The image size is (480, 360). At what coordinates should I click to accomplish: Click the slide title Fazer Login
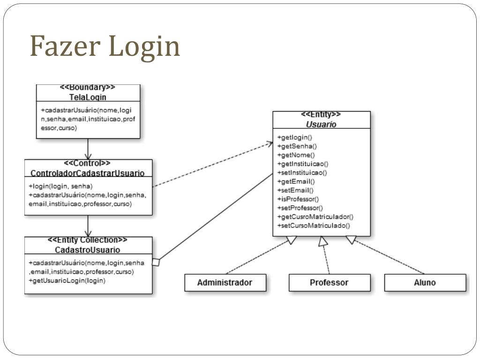coord(105,46)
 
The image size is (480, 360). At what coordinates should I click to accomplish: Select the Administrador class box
coord(225,283)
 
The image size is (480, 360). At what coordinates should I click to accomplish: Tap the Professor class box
coord(329,283)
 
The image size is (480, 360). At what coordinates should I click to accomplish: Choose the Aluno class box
coord(425,283)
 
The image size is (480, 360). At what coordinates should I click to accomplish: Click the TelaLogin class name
coord(88,97)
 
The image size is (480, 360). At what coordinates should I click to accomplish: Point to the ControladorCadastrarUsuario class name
coord(88,173)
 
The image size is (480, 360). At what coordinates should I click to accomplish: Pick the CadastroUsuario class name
coord(88,250)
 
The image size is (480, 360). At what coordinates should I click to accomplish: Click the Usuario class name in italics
coord(321,124)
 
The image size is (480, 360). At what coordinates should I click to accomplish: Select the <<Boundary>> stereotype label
coord(88,88)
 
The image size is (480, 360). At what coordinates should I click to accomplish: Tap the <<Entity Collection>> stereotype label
coord(88,240)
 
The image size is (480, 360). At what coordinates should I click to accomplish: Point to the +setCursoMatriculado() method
coord(314,225)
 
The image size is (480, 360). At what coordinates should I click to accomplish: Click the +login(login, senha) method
coord(60,186)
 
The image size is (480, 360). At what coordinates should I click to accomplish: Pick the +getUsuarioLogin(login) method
coord(67,281)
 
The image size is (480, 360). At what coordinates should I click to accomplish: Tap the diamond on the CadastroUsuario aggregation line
coord(156,262)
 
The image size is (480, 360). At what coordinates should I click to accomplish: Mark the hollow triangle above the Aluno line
coord(351,240)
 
